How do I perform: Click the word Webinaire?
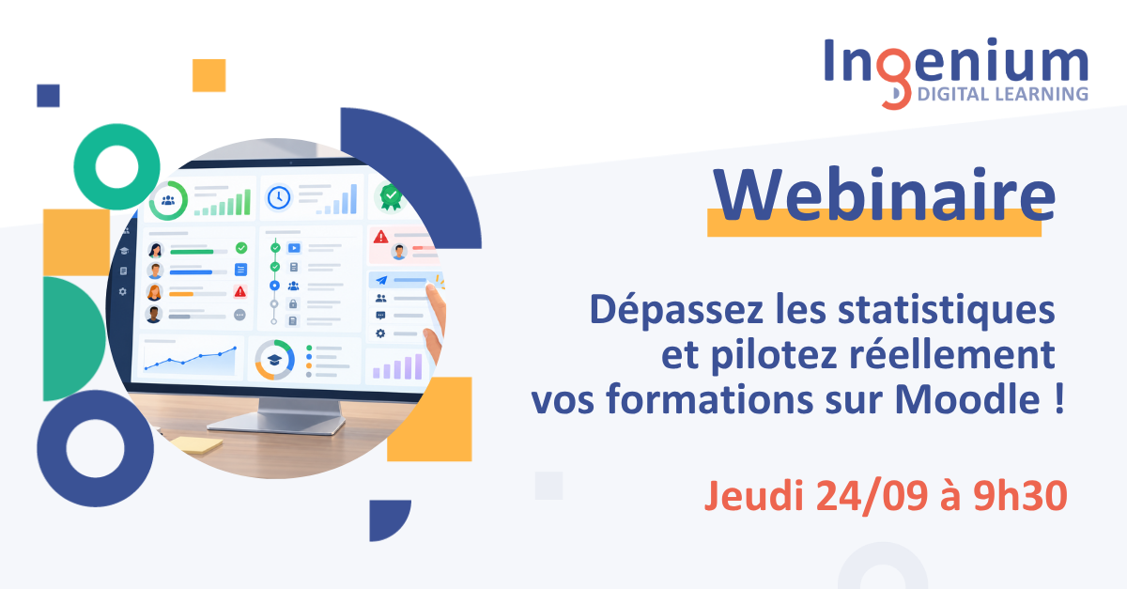884,194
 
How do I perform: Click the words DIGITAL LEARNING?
1002,94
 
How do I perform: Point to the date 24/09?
872,497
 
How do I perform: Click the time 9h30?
1020,496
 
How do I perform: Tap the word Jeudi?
753,497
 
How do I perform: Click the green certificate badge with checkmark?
391,197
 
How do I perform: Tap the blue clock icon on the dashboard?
279,197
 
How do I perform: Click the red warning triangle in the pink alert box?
381,237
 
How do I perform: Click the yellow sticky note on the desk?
196,444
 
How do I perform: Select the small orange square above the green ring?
208,75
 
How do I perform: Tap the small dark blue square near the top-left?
48,96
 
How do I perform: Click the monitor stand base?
276,424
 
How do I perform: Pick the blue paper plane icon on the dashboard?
382,280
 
